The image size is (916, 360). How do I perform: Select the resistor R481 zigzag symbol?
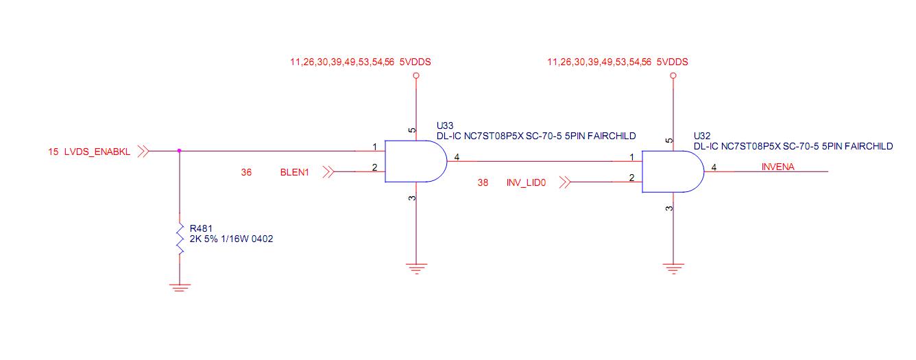180,239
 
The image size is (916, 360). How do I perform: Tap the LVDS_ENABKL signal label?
97,152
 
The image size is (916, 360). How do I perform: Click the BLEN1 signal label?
295,172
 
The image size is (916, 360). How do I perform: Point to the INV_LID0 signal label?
526,183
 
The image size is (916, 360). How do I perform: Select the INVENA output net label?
778,167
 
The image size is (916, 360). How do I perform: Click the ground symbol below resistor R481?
180,288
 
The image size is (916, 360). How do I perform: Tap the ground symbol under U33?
415,267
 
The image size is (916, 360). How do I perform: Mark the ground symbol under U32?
673,267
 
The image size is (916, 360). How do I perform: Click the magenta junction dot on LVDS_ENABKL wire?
180,151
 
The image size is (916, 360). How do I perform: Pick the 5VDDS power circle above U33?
415,76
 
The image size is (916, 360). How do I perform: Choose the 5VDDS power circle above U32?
673,76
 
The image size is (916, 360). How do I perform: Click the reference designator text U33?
445,125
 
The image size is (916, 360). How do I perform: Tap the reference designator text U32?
702,136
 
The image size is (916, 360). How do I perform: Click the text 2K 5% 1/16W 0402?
232,239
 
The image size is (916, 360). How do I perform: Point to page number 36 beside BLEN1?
246,172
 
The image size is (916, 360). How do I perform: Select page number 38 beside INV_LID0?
483,183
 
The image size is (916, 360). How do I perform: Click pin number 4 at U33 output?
457,157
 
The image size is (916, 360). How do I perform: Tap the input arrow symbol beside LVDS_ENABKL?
143,151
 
